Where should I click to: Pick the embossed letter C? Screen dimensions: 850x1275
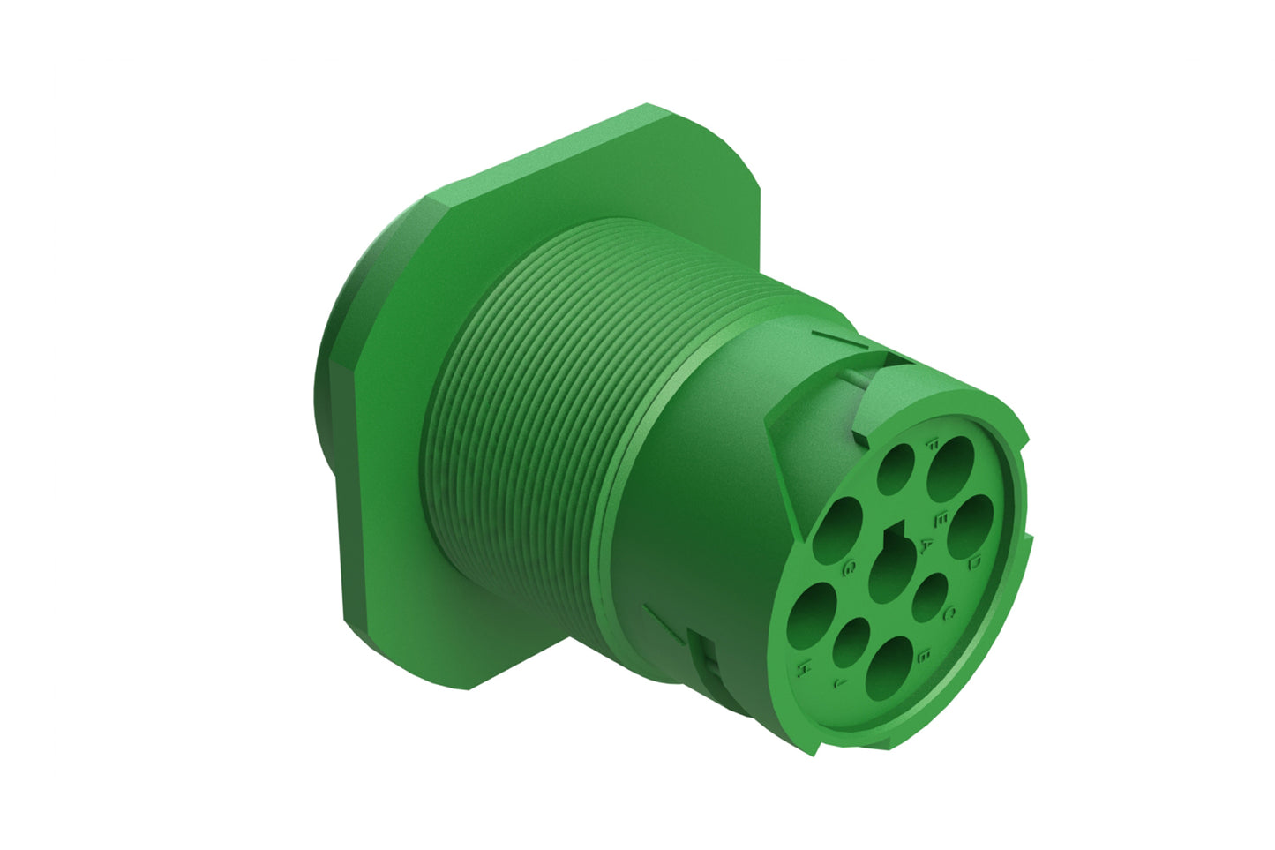[x=950, y=612]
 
